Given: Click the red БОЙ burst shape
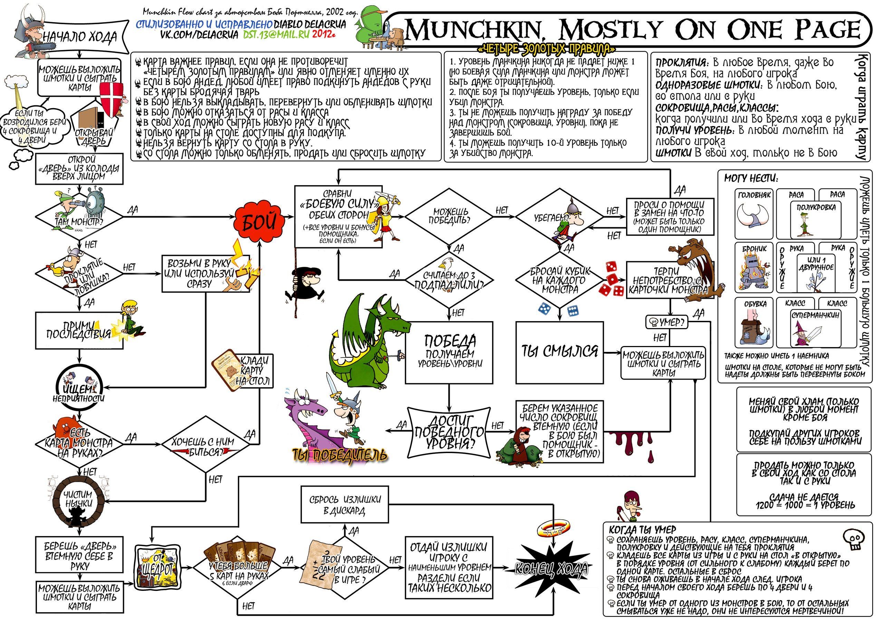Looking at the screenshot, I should (259, 222).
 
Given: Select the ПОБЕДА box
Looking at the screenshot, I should (449, 353).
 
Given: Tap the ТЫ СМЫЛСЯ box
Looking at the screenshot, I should (559, 352).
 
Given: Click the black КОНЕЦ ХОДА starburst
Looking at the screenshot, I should (551, 568).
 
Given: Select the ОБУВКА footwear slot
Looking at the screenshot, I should (754, 323).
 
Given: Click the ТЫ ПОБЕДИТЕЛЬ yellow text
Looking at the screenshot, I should (339, 456).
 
